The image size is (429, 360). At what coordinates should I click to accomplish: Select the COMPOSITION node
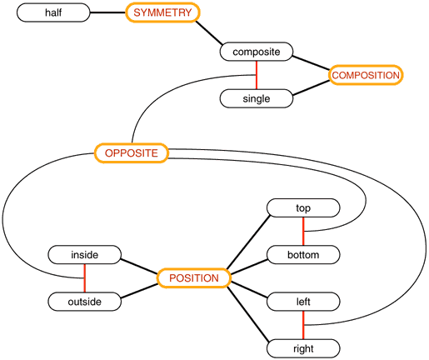coord(367,75)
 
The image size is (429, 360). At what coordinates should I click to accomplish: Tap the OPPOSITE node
coord(132,153)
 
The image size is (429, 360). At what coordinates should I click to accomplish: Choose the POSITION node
coord(194,278)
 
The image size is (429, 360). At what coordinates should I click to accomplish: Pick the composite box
coord(256,52)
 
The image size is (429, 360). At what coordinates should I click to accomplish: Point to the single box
coord(256,98)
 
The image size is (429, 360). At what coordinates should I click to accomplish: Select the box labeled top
coord(303,207)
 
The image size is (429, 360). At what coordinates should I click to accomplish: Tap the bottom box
coord(303,254)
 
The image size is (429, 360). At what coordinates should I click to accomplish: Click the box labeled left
coord(303,301)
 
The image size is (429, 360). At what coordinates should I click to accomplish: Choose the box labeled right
coord(303,347)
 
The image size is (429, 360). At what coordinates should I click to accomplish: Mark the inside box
coord(85,254)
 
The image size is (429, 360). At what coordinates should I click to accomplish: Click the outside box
coord(85,301)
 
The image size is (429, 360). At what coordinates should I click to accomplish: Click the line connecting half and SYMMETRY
coord(106,14)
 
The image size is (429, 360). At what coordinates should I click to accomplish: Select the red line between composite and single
coord(256,76)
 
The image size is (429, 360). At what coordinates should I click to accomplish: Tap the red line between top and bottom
coord(303,231)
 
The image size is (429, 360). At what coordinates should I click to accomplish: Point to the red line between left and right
coord(303,324)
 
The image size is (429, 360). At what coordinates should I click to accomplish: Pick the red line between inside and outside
coord(85,277)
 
